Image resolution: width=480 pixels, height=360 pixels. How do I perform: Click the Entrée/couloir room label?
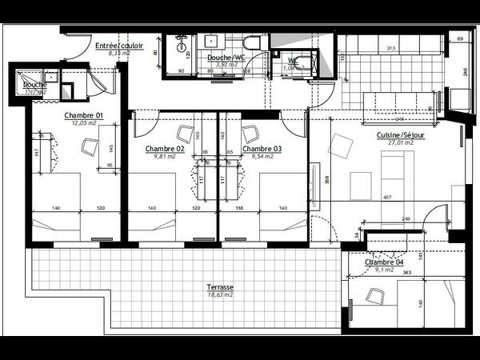pos(118,46)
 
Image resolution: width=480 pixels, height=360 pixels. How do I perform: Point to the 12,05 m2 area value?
pos(84,124)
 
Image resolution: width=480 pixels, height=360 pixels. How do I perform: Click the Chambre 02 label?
pos(165,149)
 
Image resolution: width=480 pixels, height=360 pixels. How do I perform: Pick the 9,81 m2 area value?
pos(165,157)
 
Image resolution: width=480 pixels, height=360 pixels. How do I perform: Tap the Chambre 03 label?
pos(262,149)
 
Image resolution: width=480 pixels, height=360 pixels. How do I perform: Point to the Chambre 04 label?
pos(384,262)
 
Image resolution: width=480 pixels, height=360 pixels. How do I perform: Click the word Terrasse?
pos(218,286)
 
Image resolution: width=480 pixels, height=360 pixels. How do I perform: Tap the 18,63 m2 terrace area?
pos(218,294)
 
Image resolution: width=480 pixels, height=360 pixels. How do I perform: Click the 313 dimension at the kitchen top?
pos(390,48)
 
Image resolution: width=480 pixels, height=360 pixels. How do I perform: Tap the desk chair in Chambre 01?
pos(89,146)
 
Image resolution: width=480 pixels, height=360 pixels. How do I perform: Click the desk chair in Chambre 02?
pos(185,134)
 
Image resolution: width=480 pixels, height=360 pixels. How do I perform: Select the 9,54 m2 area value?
pos(262,157)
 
